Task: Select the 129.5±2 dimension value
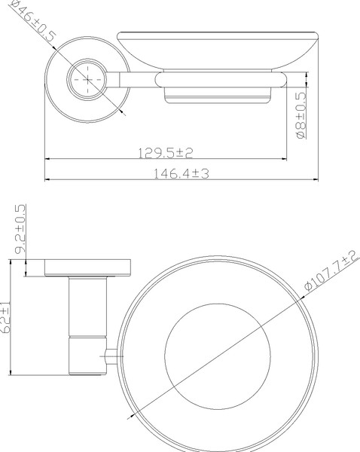pos(166,153)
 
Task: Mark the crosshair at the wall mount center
pos(89,79)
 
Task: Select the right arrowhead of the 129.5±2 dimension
pos(289,160)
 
